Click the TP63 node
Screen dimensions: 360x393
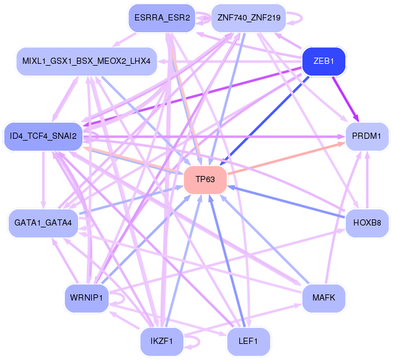click(x=205, y=180)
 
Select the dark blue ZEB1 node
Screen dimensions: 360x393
click(x=323, y=62)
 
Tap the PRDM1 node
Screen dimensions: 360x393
click(x=366, y=135)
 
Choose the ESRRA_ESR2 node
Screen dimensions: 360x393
click(x=162, y=17)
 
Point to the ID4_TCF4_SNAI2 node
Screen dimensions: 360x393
click(x=43, y=136)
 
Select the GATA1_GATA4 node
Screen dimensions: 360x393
click(x=43, y=222)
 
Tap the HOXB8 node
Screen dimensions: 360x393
click(x=366, y=222)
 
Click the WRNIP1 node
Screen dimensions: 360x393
click(x=86, y=298)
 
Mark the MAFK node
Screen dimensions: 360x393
click(x=323, y=298)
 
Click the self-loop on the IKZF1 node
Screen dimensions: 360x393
click(x=193, y=341)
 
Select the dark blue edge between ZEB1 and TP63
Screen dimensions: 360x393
click(x=267, y=118)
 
